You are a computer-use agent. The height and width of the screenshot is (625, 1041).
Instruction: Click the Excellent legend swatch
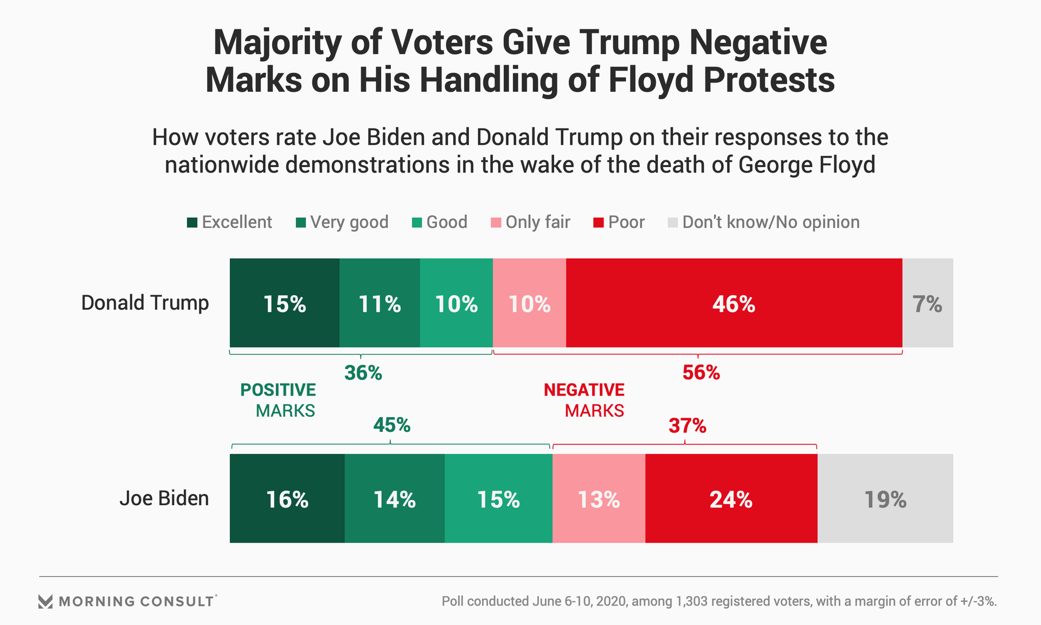(192, 222)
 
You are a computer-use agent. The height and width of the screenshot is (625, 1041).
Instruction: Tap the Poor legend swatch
(599, 222)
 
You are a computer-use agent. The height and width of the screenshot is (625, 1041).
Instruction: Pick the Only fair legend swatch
(496, 222)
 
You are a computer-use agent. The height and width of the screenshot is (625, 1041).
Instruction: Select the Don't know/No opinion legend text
(770, 222)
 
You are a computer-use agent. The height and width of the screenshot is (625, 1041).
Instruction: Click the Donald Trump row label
(145, 303)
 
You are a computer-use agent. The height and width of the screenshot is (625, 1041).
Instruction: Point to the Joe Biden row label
(164, 498)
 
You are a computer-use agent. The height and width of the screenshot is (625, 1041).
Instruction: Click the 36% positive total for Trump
(363, 373)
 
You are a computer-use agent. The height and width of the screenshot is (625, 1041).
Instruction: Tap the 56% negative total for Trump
(701, 373)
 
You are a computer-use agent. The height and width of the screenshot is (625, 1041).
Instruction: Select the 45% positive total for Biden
(391, 425)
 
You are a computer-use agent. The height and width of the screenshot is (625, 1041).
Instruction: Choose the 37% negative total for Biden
(687, 426)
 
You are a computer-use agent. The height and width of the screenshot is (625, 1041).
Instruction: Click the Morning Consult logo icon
(46, 601)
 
